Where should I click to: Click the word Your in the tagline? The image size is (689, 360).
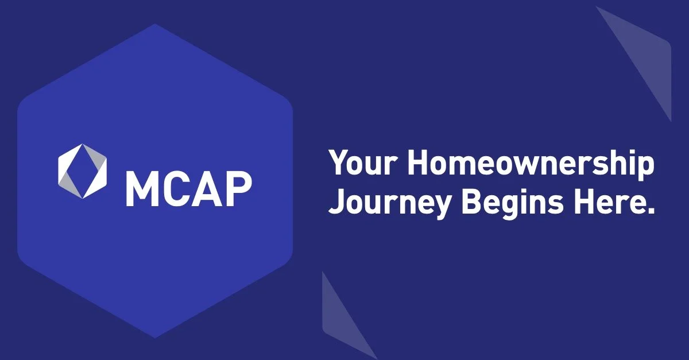coord(363,165)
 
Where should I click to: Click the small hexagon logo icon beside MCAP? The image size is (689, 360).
coord(83,171)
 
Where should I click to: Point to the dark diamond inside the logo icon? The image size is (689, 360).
coord(83,171)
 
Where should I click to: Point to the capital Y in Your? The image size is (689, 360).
coord(339,165)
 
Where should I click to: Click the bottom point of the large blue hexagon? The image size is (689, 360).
coord(156,336)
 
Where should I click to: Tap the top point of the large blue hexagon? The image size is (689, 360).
coord(156,25)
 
